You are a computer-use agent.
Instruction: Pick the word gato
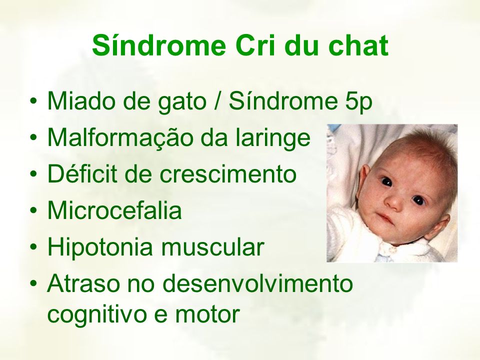[x=182, y=103]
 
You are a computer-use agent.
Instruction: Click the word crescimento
[x=228, y=174]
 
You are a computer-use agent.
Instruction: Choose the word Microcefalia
[x=114, y=210]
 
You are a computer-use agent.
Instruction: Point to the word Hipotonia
[x=100, y=248]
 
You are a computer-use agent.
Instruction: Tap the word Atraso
[x=83, y=283]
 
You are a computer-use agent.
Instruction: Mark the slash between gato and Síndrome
[x=217, y=101]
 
